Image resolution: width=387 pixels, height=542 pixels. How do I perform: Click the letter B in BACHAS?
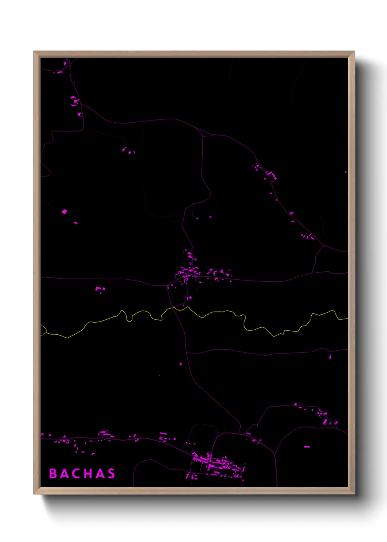pyautogui.click(x=53, y=474)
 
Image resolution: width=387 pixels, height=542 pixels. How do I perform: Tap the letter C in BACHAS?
pyautogui.click(x=75, y=474)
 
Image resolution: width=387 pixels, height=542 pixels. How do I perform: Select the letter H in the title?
pyautogui.click(x=87, y=474)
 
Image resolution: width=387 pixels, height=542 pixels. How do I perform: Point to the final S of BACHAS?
pyautogui.click(x=111, y=474)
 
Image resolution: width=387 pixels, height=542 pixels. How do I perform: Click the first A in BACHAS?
pyautogui.click(x=64, y=474)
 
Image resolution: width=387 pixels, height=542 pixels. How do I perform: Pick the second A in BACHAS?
pyautogui.click(x=99, y=474)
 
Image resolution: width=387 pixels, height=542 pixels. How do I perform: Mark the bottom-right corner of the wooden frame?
pyautogui.click(x=354, y=493)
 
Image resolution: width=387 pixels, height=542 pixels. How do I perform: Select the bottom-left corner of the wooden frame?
pyautogui.click(x=34, y=493)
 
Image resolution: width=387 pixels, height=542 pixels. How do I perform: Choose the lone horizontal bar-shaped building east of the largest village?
pyautogui.click(x=307, y=447)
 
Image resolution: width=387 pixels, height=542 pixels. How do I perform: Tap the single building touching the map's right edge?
pyautogui.click(x=346, y=171)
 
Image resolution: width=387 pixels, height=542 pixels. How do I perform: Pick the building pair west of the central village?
pyautogui.click(x=100, y=289)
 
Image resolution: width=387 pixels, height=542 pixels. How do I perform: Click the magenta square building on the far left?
pyautogui.click(x=64, y=211)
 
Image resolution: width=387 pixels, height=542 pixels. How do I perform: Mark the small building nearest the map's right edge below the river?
pyautogui.click(x=330, y=356)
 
